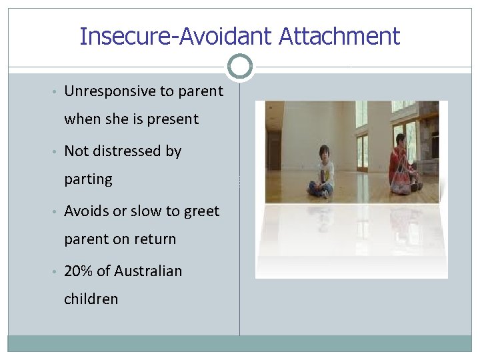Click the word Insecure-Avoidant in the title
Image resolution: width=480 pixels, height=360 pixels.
tap(176, 36)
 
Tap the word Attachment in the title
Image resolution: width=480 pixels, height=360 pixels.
tap(339, 36)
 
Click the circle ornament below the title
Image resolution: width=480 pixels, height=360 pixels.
tap(240, 67)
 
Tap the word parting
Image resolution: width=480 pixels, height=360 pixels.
tap(88, 180)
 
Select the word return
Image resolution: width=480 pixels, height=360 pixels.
tap(155, 239)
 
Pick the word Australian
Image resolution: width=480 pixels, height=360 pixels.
tap(148, 271)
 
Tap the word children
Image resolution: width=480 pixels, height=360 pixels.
tap(91, 299)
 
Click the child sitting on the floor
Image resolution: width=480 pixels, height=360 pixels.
tap(323, 171)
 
